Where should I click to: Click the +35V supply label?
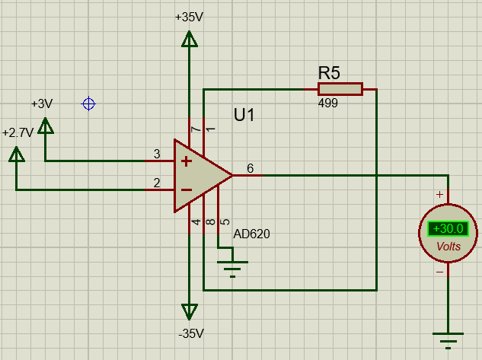[x=188, y=17]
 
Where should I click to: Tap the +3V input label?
[x=42, y=104]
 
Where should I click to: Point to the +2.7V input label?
[x=18, y=132]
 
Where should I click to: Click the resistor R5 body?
[x=340, y=90]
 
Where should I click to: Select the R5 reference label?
[x=329, y=73]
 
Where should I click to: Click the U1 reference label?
[x=244, y=116]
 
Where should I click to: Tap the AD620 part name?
[x=251, y=234]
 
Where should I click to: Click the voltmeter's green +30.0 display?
[x=447, y=228]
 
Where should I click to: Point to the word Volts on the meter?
[x=448, y=247]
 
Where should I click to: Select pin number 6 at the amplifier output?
[x=251, y=167]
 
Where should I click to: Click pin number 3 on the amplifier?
[x=157, y=155]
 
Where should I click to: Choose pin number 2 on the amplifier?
[x=157, y=183]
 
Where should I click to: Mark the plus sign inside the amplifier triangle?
[x=185, y=161]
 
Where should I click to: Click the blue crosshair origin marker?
[x=89, y=104]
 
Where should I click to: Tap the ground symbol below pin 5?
[x=232, y=267]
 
